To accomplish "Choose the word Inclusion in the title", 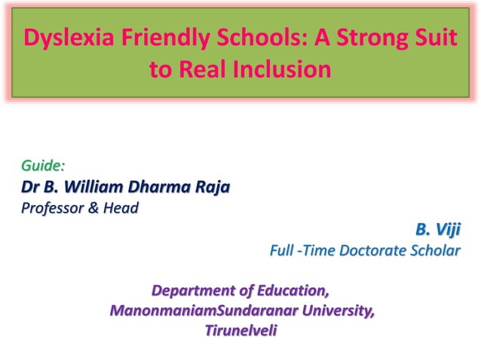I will [283, 70].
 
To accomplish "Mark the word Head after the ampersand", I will [121, 207].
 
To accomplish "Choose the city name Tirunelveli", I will [240, 330].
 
